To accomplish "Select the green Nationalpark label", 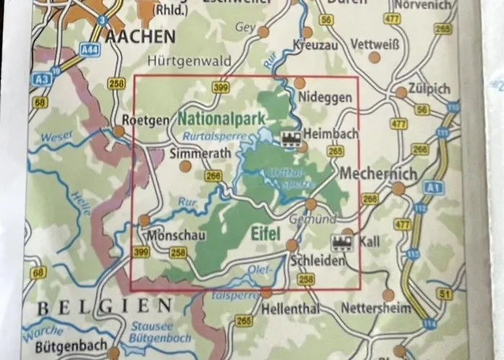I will click(221, 117).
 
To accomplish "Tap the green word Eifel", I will click(266, 233).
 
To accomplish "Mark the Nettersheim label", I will click(378, 308).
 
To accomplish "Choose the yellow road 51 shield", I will click(445, 293).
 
